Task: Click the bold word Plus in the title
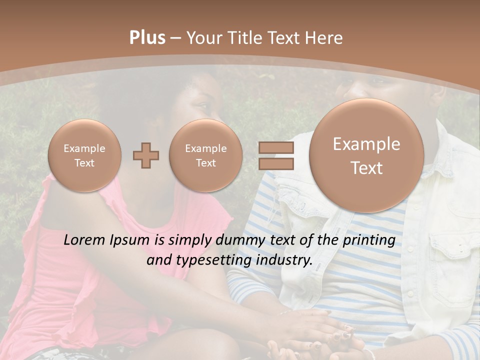click(x=147, y=38)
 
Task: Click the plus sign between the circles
click(x=146, y=155)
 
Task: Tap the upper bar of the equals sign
click(x=275, y=147)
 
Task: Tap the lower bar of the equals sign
click(x=275, y=163)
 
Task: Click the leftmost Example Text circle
click(x=84, y=155)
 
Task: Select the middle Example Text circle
click(x=205, y=155)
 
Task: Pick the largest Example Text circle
click(x=366, y=155)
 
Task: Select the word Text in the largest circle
click(x=366, y=168)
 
